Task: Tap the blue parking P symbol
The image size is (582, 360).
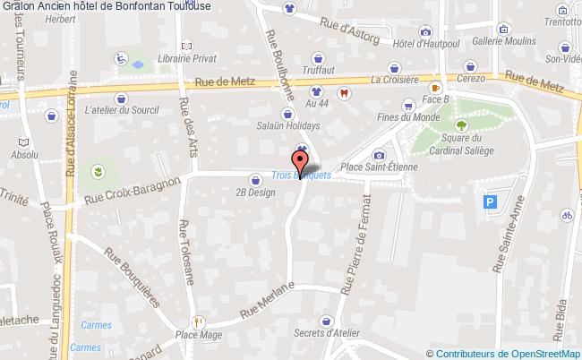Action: [x=490, y=202]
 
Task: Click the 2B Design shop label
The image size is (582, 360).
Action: [x=255, y=192]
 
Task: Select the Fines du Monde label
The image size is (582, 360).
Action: [x=408, y=117]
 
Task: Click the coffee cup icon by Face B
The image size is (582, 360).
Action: [x=435, y=89]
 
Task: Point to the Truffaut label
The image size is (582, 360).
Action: [x=319, y=69]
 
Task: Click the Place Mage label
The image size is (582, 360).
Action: [x=199, y=335]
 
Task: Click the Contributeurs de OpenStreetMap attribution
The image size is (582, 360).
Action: [x=508, y=353]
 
